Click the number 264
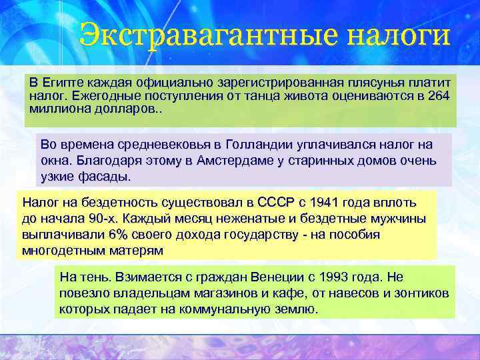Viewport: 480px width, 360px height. click(x=441, y=96)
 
